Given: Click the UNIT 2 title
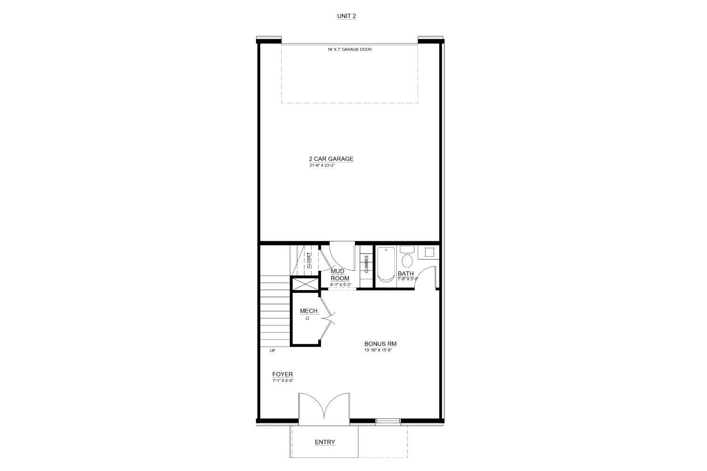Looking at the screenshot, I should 346,16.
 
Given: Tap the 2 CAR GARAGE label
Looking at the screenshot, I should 331,159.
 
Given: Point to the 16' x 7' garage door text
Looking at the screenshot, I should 350,49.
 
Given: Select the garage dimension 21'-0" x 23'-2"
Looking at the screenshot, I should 322,166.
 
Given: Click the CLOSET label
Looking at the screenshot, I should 309,260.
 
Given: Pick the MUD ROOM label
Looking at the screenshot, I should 340,275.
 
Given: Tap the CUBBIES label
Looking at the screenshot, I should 366,264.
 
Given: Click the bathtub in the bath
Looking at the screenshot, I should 386,265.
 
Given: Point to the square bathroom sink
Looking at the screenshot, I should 429,252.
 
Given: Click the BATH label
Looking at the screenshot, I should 405,273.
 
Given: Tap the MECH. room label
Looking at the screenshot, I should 309,311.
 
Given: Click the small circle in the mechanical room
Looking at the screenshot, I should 308,318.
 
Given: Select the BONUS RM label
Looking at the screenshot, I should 380,344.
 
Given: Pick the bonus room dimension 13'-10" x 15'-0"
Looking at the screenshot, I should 378,350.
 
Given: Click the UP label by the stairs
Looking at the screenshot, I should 272,351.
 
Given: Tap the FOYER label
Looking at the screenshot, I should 282,374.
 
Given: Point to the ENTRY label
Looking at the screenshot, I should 325,442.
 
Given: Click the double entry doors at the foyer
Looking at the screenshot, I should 324,406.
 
